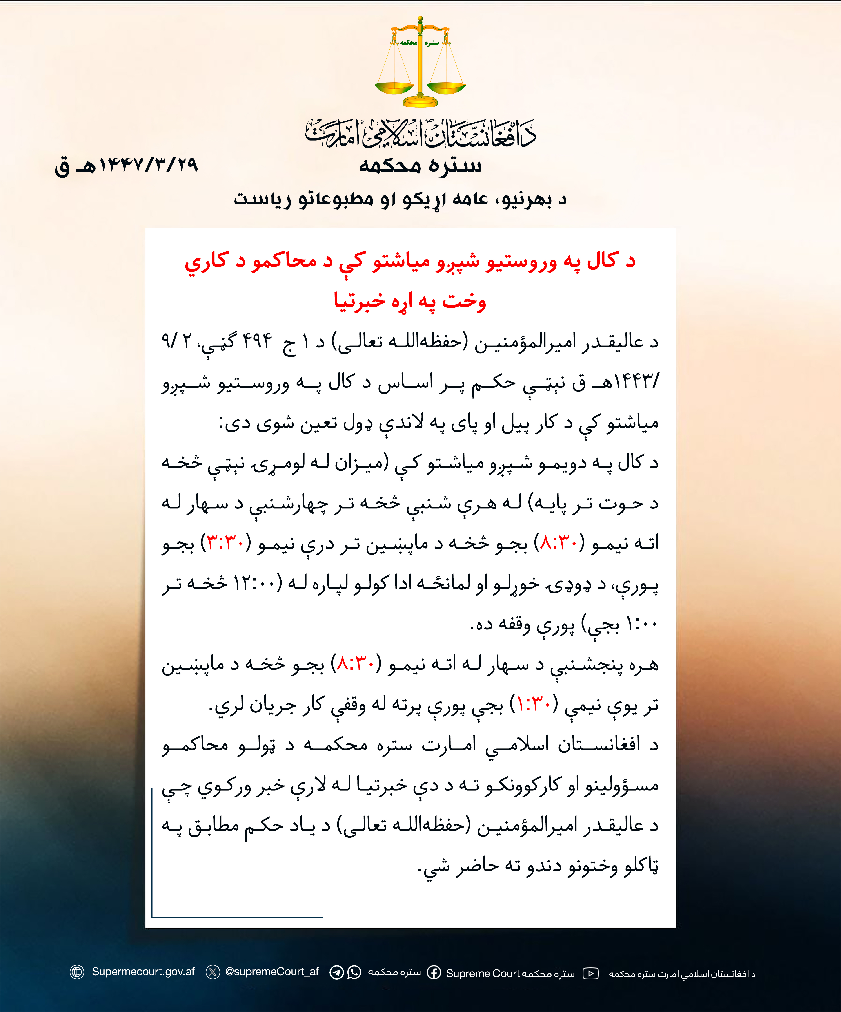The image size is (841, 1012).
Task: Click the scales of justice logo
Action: [x=420, y=63]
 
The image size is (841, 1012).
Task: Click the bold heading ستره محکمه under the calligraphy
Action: [x=420, y=165]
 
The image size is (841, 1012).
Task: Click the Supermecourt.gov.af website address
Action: [x=143, y=972]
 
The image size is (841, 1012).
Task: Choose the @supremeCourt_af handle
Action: [x=272, y=972]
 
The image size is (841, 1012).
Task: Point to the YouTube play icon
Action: [x=591, y=974]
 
